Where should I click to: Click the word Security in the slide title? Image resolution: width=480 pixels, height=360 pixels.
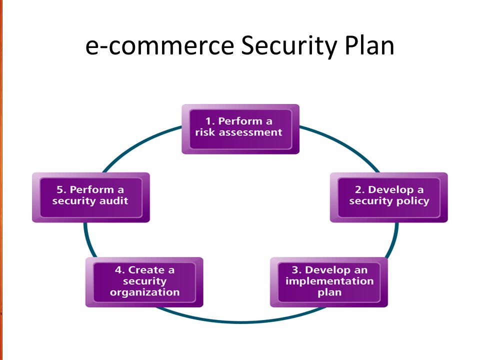[x=288, y=46]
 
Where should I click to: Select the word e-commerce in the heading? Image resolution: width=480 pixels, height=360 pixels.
[x=159, y=46]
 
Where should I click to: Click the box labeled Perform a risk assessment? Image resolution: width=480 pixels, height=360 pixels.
[x=240, y=129]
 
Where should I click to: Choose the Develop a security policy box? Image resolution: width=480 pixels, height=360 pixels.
[x=389, y=197]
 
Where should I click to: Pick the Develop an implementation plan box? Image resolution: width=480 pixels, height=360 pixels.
[x=329, y=282]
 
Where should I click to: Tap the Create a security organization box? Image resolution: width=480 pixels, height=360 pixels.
[x=144, y=282]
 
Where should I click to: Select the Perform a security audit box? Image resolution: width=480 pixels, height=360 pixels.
[x=91, y=197]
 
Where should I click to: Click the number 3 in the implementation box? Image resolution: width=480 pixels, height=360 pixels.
[x=296, y=270]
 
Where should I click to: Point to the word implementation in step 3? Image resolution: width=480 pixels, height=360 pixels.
[x=329, y=281]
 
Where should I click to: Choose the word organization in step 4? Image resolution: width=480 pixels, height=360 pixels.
[x=145, y=292]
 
